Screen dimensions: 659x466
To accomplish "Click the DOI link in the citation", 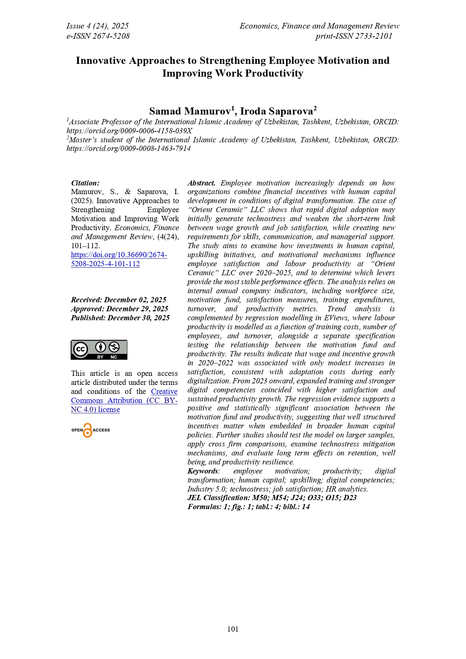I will (x=119, y=259).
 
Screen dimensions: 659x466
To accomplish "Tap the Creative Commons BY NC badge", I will (x=99, y=350).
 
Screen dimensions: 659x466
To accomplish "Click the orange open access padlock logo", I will (x=88, y=430).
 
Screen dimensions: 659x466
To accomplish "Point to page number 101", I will (x=233, y=629).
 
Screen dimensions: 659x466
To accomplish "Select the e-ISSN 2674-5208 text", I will (x=98, y=36).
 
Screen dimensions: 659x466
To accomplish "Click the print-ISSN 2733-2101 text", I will (x=354, y=36).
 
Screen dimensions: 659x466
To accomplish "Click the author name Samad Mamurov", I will (x=190, y=112).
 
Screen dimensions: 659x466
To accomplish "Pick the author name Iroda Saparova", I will (x=277, y=112).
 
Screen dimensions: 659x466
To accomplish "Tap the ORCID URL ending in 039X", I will (x=129, y=131).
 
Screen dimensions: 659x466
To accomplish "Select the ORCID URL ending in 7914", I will (x=129, y=148).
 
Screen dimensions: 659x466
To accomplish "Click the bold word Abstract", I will (x=201, y=183).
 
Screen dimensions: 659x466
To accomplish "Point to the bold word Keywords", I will (x=203, y=471).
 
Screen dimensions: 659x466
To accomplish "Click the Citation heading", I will (x=85, y=183).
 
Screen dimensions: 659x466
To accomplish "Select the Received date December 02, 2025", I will (x=119, y=300).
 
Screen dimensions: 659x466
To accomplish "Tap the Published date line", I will (x=120, y=318).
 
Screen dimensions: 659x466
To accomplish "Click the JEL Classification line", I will (x=272, y=498).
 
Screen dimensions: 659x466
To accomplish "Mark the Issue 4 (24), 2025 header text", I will (x=97, y=26).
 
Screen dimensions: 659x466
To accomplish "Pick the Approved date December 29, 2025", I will (x=120, y=309).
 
